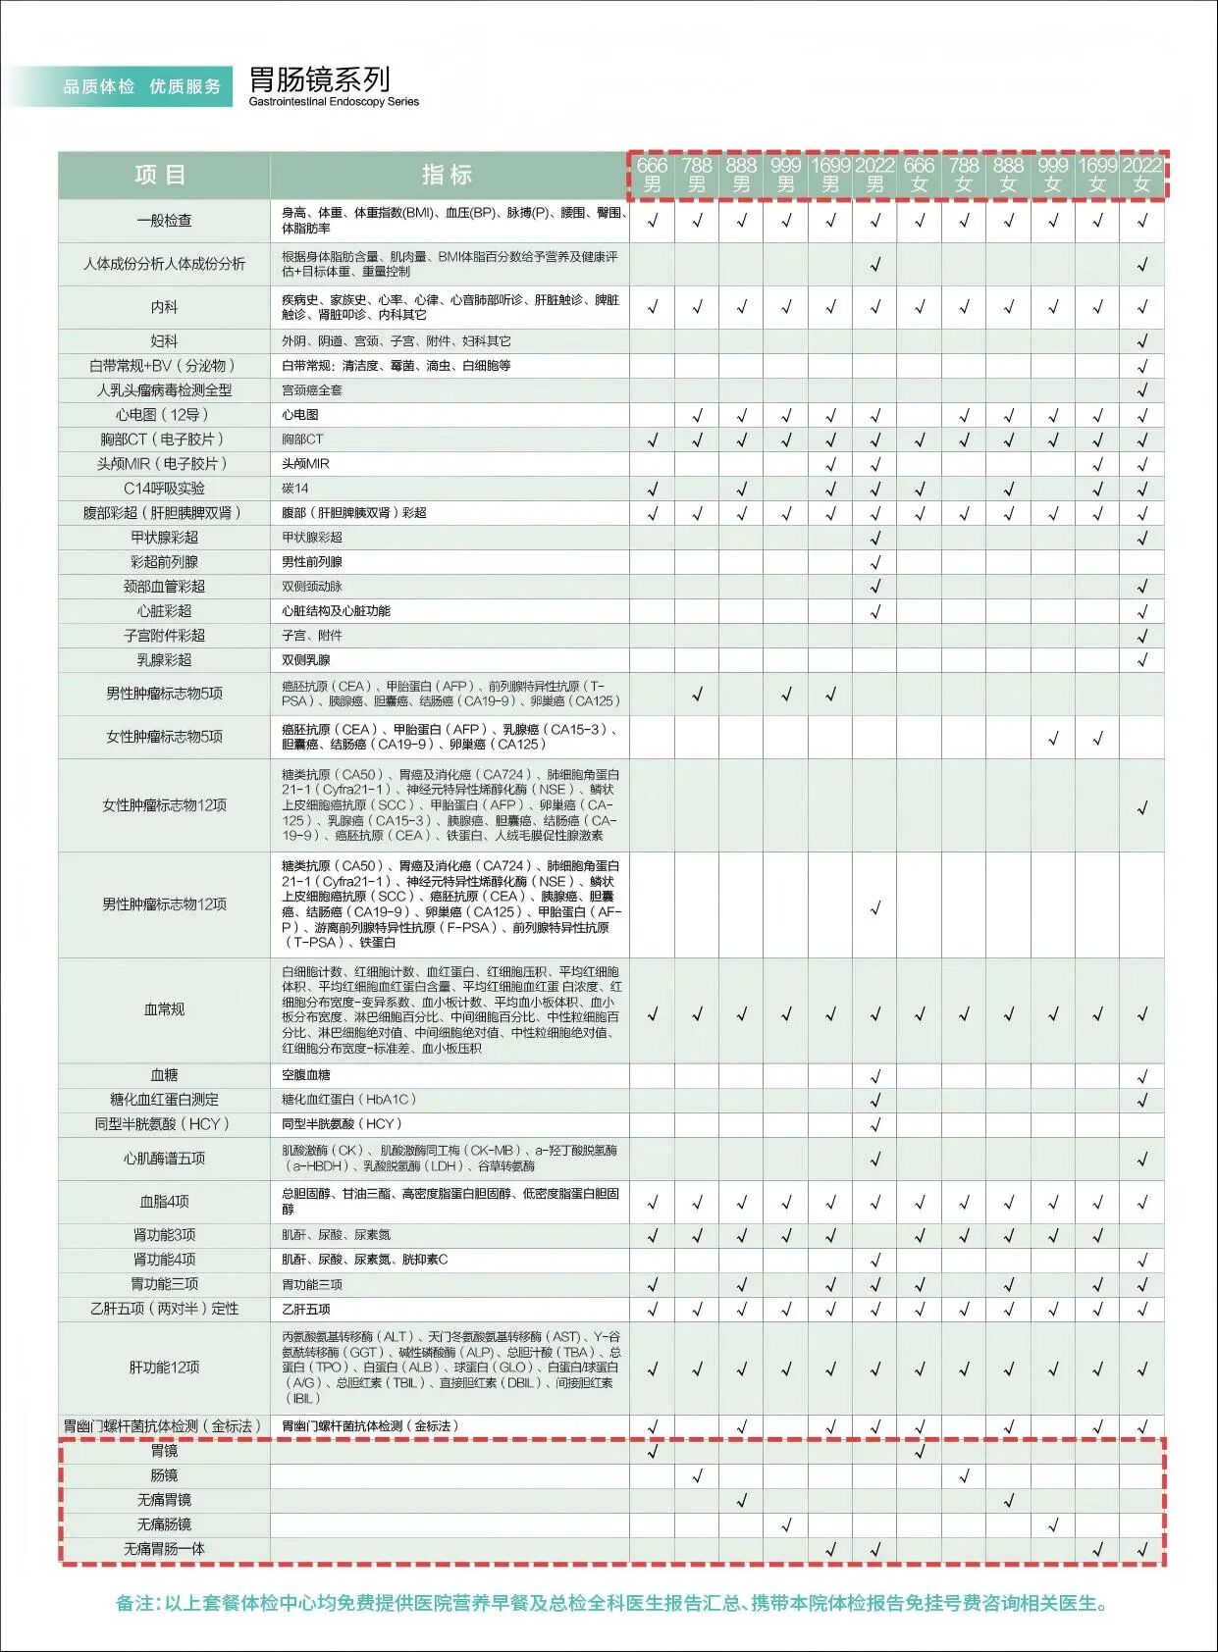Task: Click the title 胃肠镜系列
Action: pos(319,78)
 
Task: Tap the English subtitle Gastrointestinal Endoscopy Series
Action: pos(334,102)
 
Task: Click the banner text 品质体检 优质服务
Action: pos(142,86)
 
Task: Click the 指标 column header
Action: pos(448,176)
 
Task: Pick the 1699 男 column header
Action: pos(830,175)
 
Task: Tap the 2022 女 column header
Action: pos(1141,175)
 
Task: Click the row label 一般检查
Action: pos(164,221)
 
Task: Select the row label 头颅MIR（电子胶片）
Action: pos(162,464)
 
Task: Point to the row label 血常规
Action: pos(164,1009)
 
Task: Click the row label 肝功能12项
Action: pos(164,1368)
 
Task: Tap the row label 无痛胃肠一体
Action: pos(164,1549)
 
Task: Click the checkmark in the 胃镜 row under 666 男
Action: pos(653,1451)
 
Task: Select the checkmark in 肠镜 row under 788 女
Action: pos(964,1475)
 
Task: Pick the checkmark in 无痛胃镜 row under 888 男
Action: pos(742,1500)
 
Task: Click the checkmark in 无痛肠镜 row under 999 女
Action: pos(1053,1524)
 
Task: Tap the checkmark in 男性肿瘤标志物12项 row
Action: pos(875,907)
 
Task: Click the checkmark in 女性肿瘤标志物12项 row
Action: pos(1141,808)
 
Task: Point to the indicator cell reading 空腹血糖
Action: pos(306,1075)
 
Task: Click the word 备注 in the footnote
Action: pos(135,1604)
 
